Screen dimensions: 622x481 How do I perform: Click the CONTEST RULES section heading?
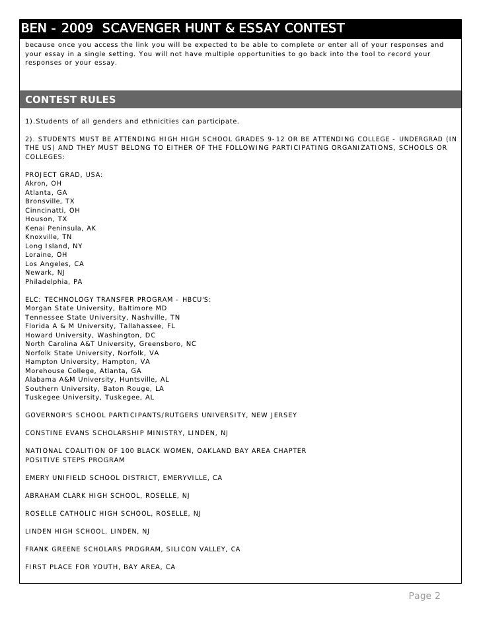(x=70, y=100)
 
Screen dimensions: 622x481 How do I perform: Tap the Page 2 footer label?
(x=424, y=596)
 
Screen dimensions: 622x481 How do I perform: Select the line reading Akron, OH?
(x=43, y=184)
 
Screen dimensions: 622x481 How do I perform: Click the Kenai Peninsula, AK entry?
(x=60, y=228)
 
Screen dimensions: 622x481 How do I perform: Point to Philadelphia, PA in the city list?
(x=54, y=281)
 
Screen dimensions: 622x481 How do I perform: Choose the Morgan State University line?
(x=96, y=308)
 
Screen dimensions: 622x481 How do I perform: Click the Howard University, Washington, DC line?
(x=90, y=335)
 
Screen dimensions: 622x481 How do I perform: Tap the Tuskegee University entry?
(x=89, y=397)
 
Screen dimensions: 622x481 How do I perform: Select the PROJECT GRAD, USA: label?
(x=63, y=174)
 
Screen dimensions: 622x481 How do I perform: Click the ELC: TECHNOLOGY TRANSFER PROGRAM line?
(x=118, y=299)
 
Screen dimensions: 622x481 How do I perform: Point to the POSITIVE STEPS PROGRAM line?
(x=74, y=459)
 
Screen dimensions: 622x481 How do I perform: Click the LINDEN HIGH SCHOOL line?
(x=87, y=531)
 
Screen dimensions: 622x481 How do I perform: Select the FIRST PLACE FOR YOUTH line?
(x=100, y=567)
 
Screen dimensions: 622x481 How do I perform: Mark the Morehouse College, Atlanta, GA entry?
(x=83, y=370)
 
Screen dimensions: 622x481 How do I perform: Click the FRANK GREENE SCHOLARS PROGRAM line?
(x=132, y=549)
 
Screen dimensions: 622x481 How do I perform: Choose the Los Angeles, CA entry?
(x=54, y=263)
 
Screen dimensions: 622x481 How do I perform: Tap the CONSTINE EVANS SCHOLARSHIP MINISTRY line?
(x=127, y=432)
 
